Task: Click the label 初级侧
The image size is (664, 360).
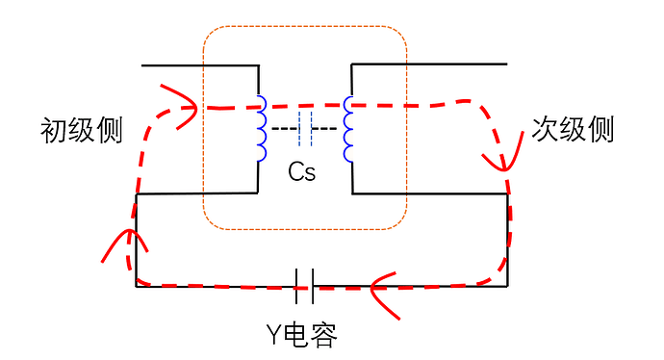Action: point(82,131)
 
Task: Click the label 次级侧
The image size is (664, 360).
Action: point(573,130)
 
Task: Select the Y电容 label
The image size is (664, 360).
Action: point(301,334)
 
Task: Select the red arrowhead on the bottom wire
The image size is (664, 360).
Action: point(381,286)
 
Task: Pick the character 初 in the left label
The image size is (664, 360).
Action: point(54,131)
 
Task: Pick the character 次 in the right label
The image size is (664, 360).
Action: point(546,130)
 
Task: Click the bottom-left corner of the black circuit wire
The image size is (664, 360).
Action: point(136,286)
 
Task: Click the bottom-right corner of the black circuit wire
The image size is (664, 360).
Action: point(507,286)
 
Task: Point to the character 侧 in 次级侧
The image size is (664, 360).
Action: point(600,130)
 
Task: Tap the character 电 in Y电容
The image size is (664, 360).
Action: point(298,334)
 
